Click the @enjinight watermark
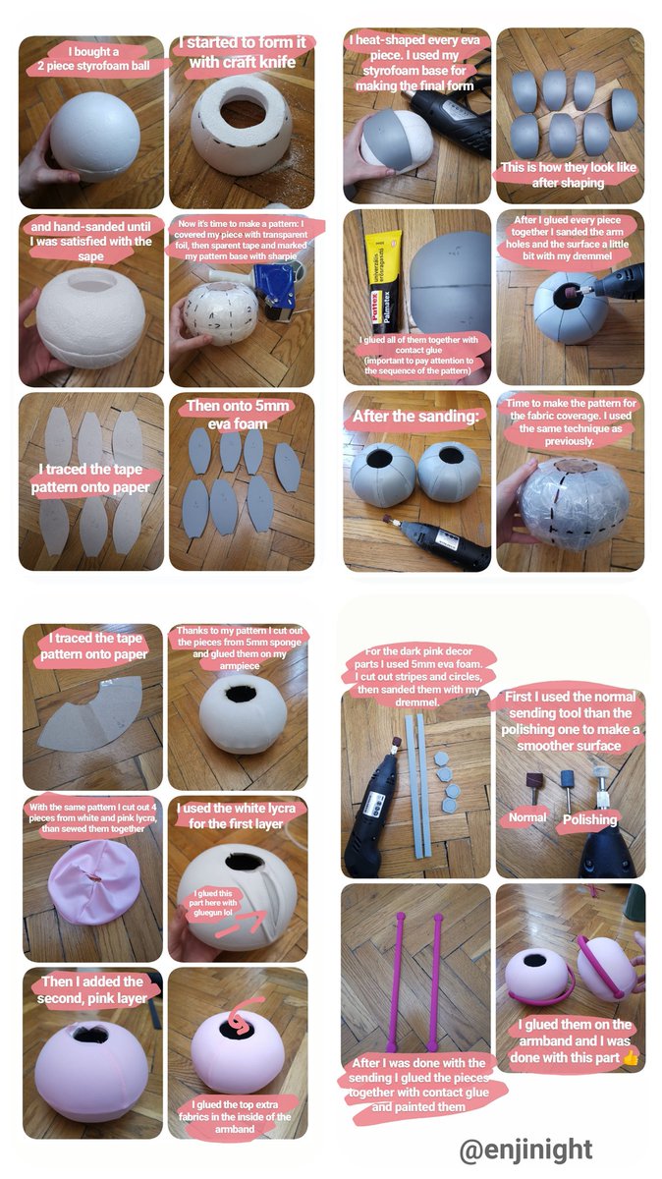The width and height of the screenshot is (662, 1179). [x=525, y=1151]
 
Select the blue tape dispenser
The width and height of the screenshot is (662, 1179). [x=278, y=291]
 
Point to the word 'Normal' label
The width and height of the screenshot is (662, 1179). [x=527, y=817]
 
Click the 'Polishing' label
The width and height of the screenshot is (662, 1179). [x=589, y=819]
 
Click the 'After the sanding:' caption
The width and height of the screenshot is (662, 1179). [x=415, y=417]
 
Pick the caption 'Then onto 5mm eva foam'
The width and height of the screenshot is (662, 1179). [x=238, y=415]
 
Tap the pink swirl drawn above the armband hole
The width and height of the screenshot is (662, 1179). [x=244, y=1014]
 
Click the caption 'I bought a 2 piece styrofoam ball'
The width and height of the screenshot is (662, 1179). [x=93, y=59]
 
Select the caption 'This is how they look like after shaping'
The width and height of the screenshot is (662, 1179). [x=569, y=175]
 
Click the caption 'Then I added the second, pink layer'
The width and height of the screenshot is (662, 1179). [x=92, y=989]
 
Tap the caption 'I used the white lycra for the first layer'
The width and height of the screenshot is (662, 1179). [x=236, y=815]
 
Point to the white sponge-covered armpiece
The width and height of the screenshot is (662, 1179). [x=243, y=716]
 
